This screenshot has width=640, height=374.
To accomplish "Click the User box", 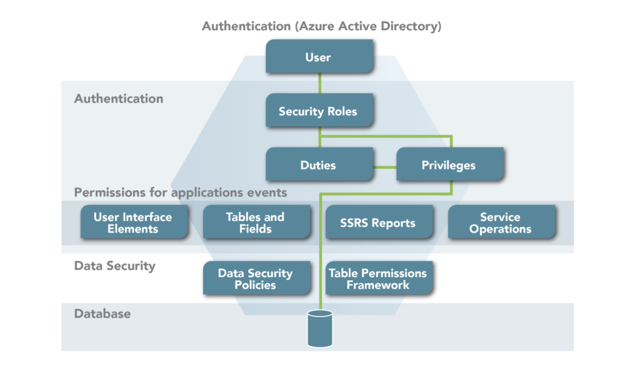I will click(318, 57).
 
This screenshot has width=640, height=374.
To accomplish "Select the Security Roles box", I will click(318, 111).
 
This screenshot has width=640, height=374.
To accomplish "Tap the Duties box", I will click(318, 165).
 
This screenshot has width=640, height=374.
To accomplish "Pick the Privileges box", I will click(448, 165).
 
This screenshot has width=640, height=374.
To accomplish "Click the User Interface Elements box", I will click(132, 223).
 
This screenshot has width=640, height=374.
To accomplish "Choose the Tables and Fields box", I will click(255, 223).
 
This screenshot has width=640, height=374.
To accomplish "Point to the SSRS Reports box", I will click(377, 223).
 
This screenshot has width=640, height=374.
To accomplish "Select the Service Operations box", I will click(500, 223).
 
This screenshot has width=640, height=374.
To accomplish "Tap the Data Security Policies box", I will click(255, 279).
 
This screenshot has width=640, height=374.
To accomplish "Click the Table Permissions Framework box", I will click(377, 279).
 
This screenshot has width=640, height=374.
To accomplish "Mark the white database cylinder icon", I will click(319, 329).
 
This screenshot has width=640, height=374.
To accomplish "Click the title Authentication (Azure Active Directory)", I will click(322, 26).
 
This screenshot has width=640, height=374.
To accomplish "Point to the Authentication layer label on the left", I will click(119, 99).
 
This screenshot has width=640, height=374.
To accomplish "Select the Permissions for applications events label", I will click(181, 192).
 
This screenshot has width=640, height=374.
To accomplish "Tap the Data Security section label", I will click(114, 266).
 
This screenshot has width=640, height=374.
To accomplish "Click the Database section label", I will click(102, 313).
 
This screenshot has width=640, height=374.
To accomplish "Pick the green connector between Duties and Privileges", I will click(385, 167).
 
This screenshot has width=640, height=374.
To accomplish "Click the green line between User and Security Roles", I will click(319, 84).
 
